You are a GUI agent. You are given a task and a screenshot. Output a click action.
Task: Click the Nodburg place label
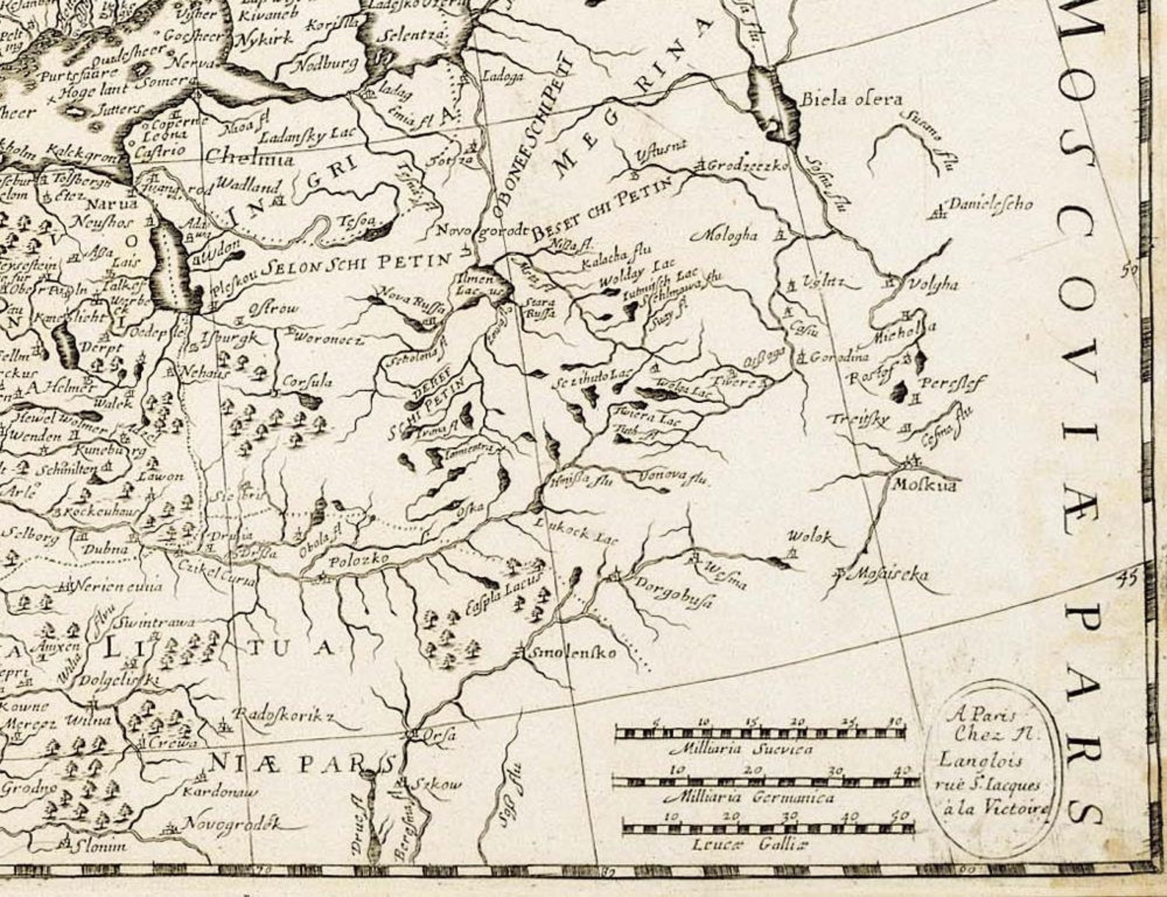326,65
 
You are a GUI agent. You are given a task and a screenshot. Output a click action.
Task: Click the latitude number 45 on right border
1125,578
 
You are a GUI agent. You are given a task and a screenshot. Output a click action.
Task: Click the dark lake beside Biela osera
772,103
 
